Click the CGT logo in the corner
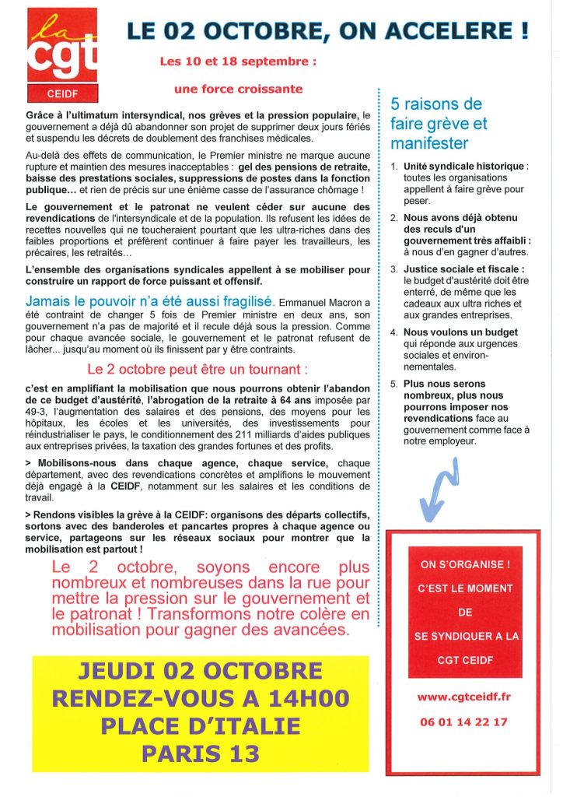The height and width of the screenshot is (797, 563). point(62,54)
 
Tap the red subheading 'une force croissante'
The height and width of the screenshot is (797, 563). point(238,89)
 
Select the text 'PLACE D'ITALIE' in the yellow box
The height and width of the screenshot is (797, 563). point(201,726)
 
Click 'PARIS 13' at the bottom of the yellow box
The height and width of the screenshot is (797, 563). point(200,753)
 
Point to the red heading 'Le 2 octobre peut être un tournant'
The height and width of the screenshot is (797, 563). point(197,367)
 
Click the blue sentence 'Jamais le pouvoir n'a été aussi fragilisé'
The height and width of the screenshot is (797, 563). point(149,301)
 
